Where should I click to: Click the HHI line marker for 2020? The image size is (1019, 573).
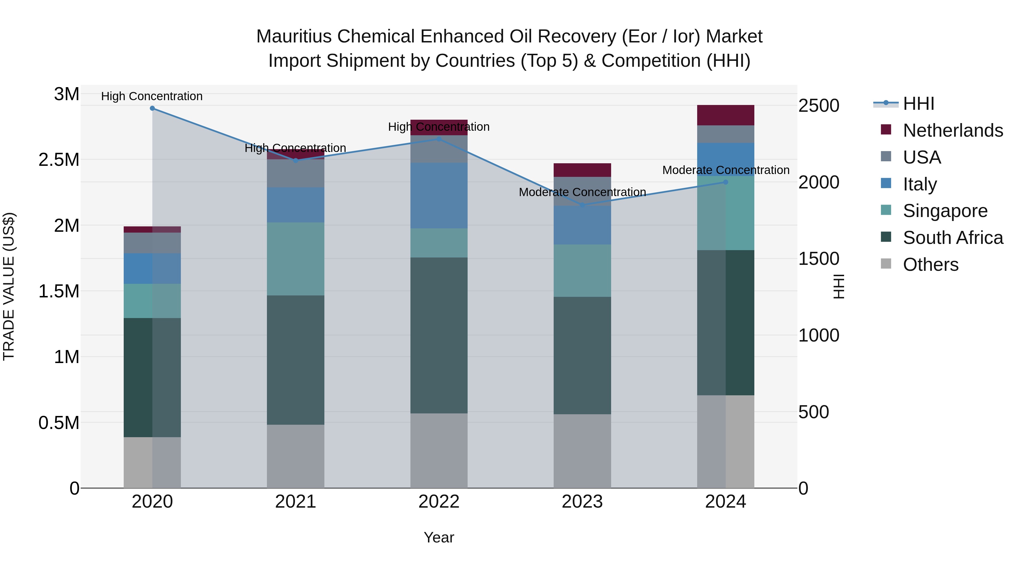pos(152,108)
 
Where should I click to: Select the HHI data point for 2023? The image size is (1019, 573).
pos(582,205)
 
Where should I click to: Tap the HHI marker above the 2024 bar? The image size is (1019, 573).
pos(725,182)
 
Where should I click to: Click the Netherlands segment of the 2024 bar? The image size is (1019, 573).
pos(725,115)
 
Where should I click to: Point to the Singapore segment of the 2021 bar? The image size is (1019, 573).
pos(296,259)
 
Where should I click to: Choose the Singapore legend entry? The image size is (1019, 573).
pos(945,211)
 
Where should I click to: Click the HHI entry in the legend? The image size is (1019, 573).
pos(918,104)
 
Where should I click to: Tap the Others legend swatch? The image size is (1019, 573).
pos(886,264)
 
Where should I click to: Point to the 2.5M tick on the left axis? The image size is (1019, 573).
pos(59,160)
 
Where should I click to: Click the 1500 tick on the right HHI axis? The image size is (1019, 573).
pos(818,259)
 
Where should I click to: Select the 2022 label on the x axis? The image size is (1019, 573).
pos(439,502)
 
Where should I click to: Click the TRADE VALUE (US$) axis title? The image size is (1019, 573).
pos(9,286)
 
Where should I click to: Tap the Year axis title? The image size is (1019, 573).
pos(439,537)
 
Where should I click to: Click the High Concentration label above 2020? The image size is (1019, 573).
pos(152,96)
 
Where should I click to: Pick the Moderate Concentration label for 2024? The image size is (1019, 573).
pos(725,170)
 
